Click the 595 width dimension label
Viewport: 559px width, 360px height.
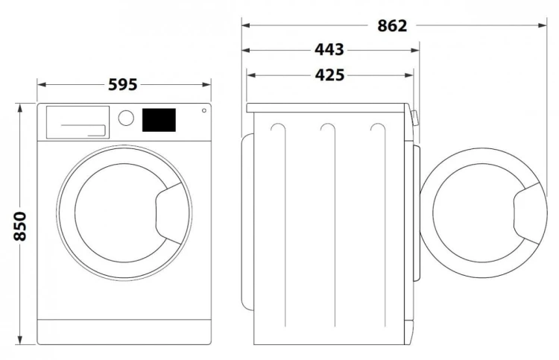pos(122,85)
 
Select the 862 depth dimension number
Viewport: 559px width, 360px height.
pos(392,25)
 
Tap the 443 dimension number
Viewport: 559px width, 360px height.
pos(329,50)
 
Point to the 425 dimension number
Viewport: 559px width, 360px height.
pos(329,75)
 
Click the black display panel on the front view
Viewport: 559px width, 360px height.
pos(158,119)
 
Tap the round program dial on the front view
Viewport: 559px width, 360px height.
pos(126,118)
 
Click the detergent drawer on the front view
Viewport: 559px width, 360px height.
pos(77,121)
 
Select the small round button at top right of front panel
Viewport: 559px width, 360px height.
pos(203,111)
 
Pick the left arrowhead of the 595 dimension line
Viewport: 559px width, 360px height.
pos(40,85)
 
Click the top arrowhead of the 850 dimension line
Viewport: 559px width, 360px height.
pos(21,107)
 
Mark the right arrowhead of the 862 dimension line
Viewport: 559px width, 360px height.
pos(545,25)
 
